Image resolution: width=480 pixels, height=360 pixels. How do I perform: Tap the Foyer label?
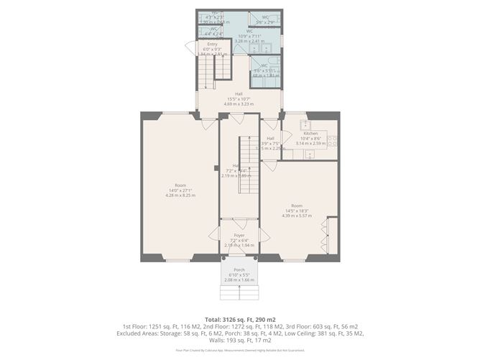pos(239,235)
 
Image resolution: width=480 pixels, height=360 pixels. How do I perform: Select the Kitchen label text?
pos(310,134)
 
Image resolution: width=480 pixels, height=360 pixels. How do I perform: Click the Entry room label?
pos(212,45)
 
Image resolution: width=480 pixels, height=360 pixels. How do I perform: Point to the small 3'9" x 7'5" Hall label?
pos(271,143)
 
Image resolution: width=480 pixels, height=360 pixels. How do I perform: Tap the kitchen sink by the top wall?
pos(305,124)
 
